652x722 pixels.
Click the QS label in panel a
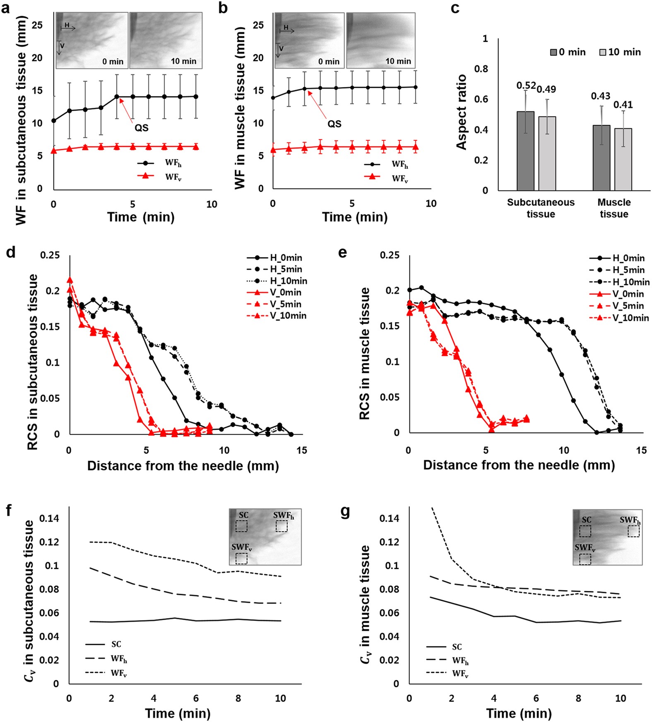coord(141,128)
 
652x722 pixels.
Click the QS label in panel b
coord(334,124)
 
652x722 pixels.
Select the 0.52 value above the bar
coord(526,86)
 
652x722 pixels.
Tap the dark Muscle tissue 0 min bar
coord(601,158)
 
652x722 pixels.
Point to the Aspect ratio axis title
coord(461,112)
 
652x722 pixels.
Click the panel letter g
coord(345,512)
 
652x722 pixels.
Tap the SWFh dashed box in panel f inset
coord(281,526)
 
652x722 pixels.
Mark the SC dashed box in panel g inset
coord(585,531)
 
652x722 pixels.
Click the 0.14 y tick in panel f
coord(49,518)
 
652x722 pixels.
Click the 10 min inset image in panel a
coord(166,40)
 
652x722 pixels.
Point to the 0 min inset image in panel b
coord(309,40)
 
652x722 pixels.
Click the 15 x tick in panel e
coord(641,450)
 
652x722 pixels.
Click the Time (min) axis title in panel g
coord(519,713)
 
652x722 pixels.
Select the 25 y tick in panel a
coord(37,25)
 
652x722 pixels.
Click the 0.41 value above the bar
coord(623,105)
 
